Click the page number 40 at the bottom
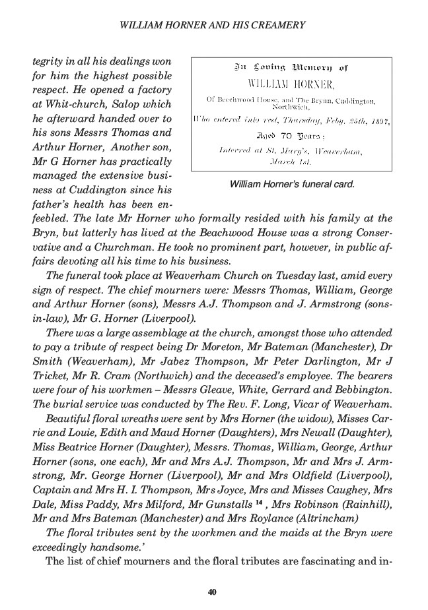(x=212, y=592)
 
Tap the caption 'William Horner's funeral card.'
(x=292, y=185)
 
